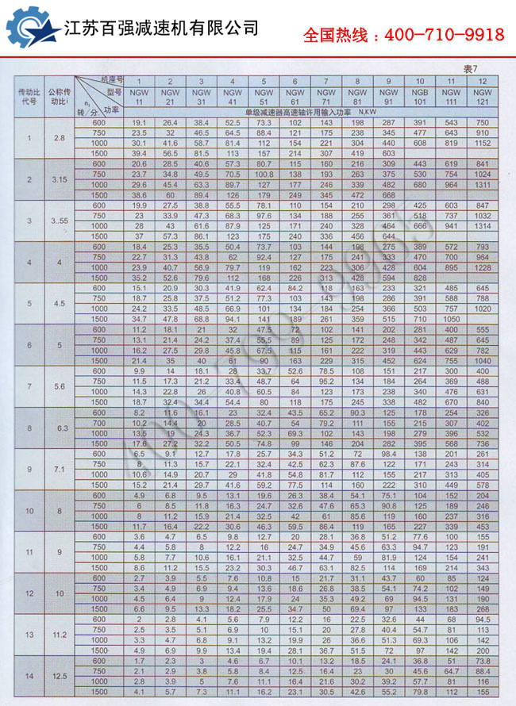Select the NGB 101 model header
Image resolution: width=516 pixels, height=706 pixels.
[420, 97]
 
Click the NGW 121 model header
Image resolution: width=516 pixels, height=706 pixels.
[482, 97]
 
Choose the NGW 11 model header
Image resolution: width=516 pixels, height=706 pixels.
[139, 97]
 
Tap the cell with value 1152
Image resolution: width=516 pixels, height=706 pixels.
[482, 143]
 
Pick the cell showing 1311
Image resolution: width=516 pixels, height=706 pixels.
[482, 184]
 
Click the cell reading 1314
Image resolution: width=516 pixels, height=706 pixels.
[482, 225]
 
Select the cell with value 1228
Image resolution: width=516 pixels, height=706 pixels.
[482, 267]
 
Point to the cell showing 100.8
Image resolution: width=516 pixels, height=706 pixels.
[264, 174]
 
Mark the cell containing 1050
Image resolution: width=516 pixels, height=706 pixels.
[451, 318]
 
